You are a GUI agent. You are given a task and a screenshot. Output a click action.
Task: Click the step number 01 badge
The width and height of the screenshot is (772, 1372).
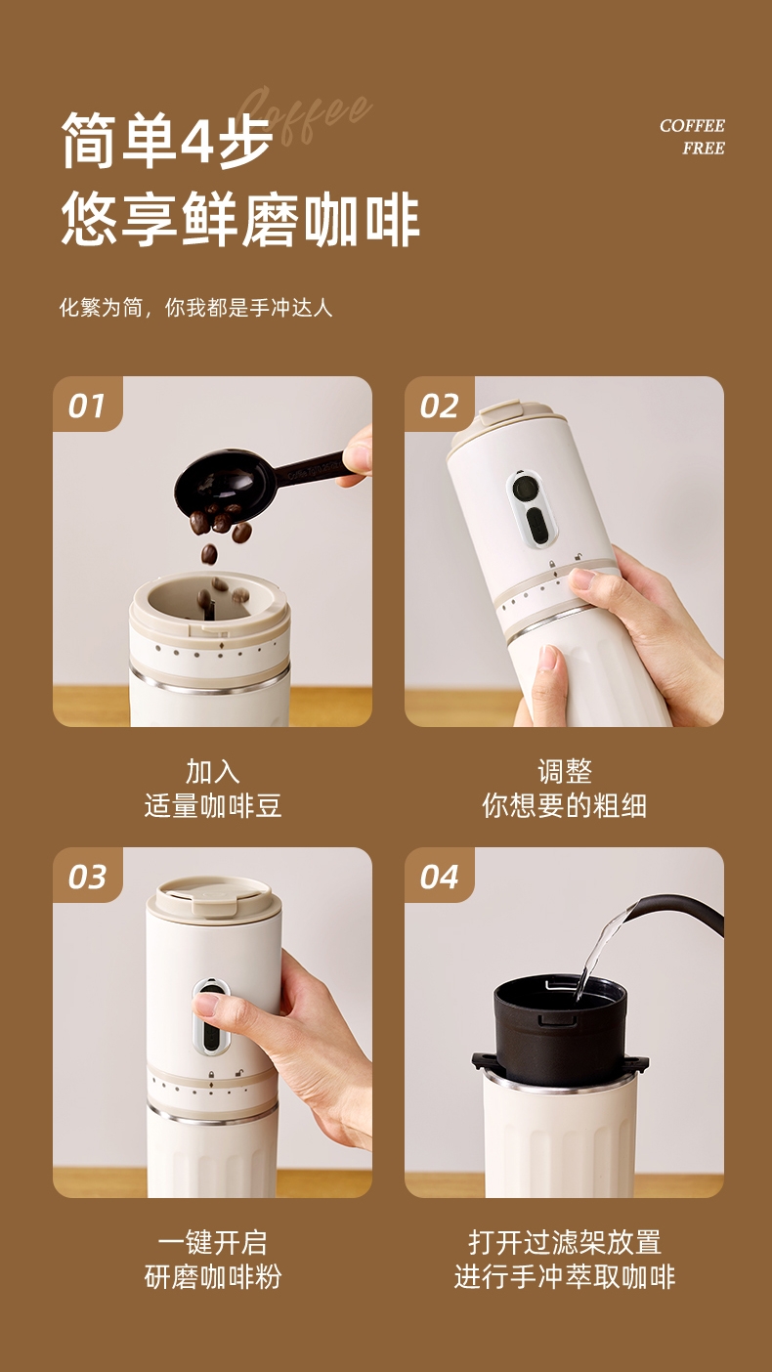tap(87, 405)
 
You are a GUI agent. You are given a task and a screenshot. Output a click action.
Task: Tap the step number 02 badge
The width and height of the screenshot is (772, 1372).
tap(439, 405)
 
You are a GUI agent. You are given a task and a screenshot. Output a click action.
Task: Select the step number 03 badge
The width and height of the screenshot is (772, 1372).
tap(87, 876)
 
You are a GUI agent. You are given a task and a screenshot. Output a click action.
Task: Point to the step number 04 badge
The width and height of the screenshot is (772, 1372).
tap(439, 876)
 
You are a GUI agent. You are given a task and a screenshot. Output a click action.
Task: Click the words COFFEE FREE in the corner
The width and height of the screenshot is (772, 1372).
tap(692, 137)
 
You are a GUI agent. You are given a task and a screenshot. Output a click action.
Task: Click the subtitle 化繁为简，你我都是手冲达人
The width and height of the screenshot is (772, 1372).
tap(195, 308)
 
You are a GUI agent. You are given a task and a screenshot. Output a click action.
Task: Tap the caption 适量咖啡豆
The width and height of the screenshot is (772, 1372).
tap(213, 805)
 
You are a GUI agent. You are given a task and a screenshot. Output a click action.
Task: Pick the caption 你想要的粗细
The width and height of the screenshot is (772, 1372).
tap(564, 805)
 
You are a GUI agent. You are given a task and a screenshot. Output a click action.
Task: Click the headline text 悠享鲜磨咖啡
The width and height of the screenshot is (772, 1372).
tap(240, 219)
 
